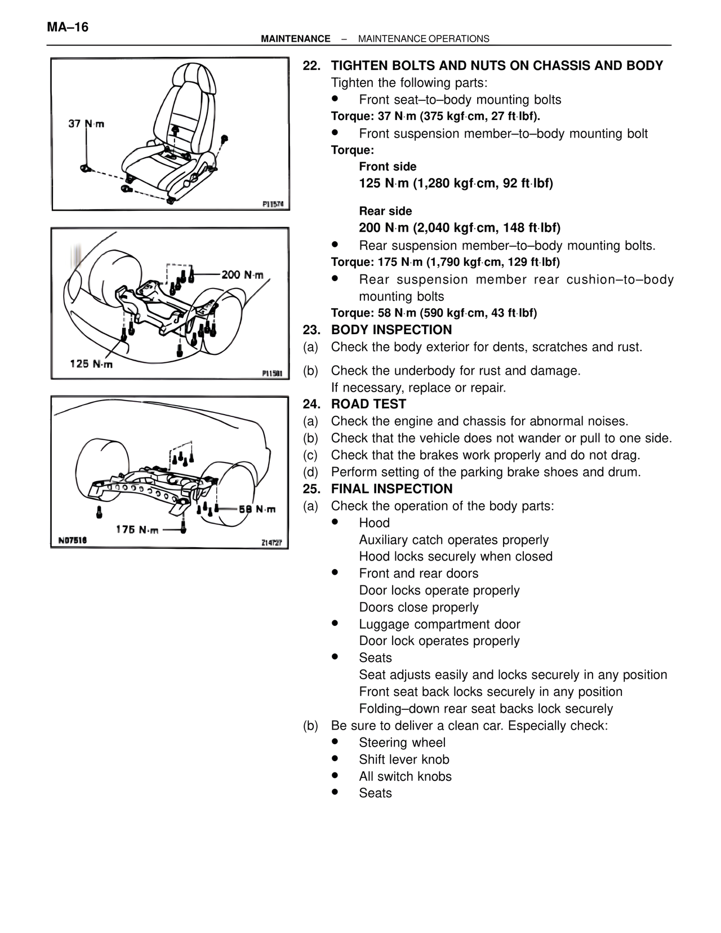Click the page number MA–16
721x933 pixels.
point(68,27)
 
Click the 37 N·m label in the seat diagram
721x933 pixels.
point(86,124)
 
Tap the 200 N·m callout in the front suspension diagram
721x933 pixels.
point(242,275)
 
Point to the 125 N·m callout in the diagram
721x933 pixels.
point(91,364)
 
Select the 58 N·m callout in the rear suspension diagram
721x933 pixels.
point(257,509)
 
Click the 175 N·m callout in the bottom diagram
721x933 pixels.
point(137,529)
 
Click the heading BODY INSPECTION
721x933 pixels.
point(391,330)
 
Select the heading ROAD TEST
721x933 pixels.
point(368,404)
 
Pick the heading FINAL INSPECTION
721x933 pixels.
point(391,489)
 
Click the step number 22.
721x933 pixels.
point(311,66)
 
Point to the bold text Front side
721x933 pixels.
point(388,167)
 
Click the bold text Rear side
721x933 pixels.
point(385,211)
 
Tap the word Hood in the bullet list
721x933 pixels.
point(374,523)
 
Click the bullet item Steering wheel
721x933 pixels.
point(402,743)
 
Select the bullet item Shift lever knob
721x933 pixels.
point(404,759)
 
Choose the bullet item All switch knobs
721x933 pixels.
point(405,776)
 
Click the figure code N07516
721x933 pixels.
point(73,540)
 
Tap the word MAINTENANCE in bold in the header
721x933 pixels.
point(296,39)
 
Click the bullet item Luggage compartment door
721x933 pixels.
point(439,624)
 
